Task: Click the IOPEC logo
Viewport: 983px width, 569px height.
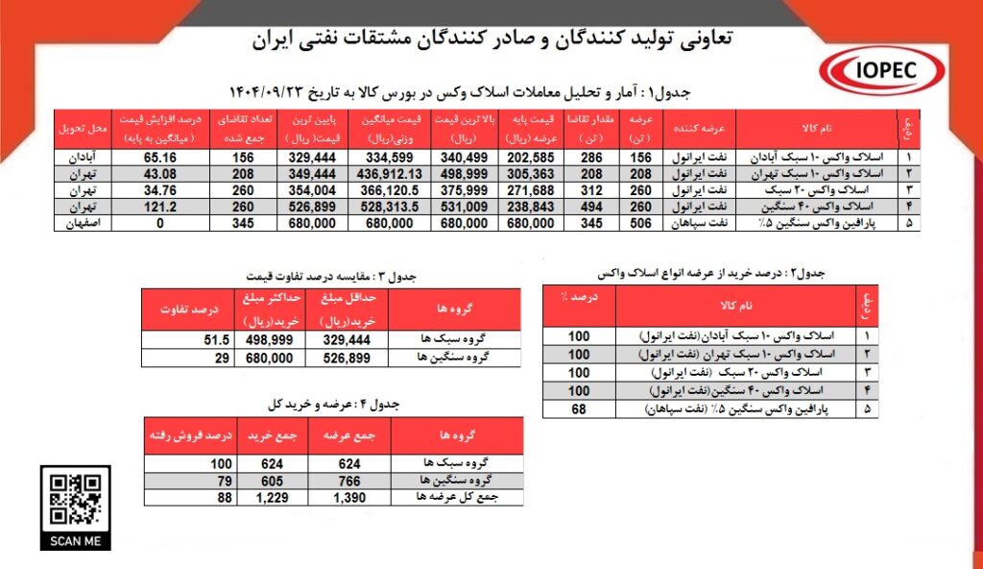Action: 875,70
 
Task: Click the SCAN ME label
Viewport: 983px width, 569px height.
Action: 75,541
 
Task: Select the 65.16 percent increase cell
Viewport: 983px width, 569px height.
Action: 158,156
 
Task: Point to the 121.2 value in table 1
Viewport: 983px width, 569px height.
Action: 158,206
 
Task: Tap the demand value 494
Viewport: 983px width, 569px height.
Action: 589,206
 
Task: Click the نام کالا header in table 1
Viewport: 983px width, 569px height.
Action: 816,128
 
